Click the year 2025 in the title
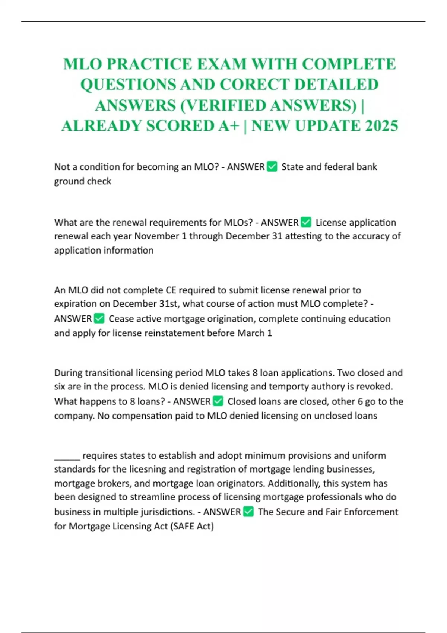click(381, 126)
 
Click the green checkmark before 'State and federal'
click(272, 167)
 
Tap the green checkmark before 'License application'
click(306, 222)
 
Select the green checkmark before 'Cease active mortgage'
click(99, 319)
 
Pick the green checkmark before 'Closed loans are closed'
click(218, 401)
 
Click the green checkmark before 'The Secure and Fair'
click(248, 512)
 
